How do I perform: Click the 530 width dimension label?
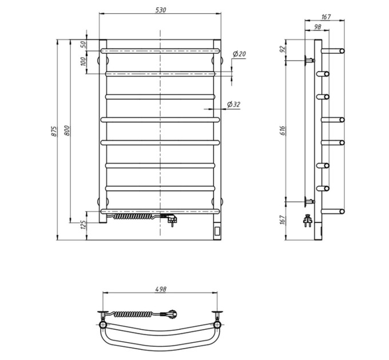(x=161, y=10)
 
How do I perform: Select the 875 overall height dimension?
(x=54, y=131)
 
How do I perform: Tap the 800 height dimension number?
(x=68, y=130)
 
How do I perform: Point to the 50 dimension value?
(x=84, y=45)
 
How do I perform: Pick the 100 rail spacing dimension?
(x=84, y=61)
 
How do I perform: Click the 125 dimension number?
(x=84, y=225)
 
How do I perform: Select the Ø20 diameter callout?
(x=239, y=54)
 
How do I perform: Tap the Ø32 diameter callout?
(x=234, y=105)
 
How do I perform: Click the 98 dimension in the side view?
(x=317, y=27)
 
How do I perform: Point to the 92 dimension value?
(x=282, y=49)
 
